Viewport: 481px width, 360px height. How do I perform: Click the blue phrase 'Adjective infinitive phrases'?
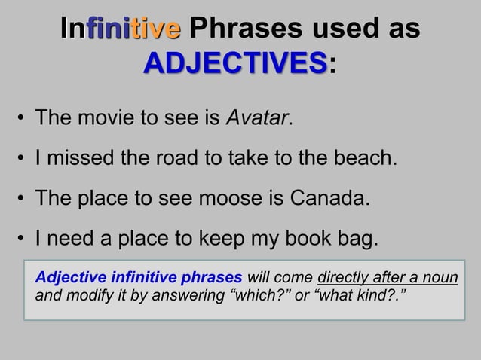(x=138, y=277)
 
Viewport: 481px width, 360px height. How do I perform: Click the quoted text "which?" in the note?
(x=261, y=293)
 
